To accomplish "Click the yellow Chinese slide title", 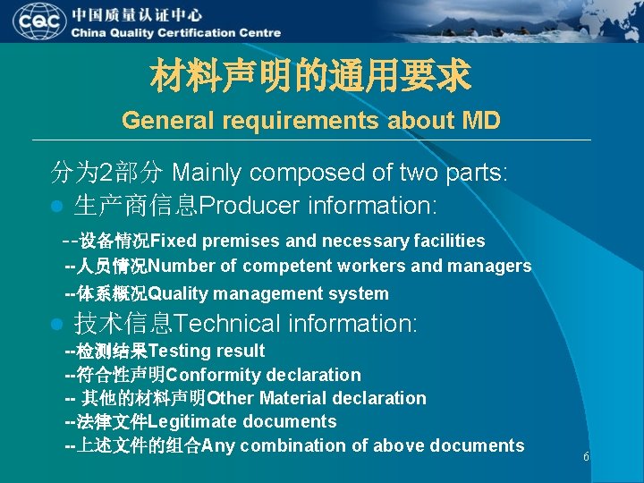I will [310, 76].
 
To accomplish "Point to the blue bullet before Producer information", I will [56, 207].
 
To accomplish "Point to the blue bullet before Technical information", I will [56, 324].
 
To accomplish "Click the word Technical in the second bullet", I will [240, 323].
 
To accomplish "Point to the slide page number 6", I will [586, 457].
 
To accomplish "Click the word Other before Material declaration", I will [231, 398].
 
